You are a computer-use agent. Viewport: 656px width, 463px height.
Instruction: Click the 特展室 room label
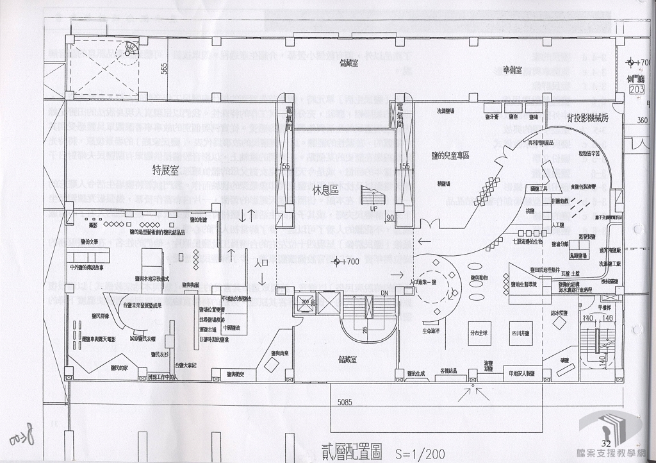coord(165,170)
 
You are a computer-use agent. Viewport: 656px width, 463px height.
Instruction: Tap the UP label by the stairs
coord(373,208)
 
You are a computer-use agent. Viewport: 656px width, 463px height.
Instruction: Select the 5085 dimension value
coord(350,401)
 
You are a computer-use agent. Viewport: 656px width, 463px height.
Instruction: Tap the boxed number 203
coord(637,90)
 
